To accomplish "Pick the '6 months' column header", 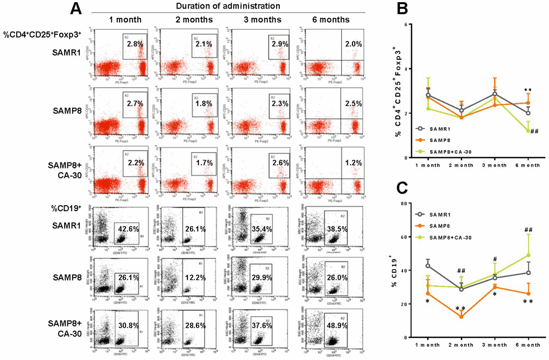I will tap(330, 20).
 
